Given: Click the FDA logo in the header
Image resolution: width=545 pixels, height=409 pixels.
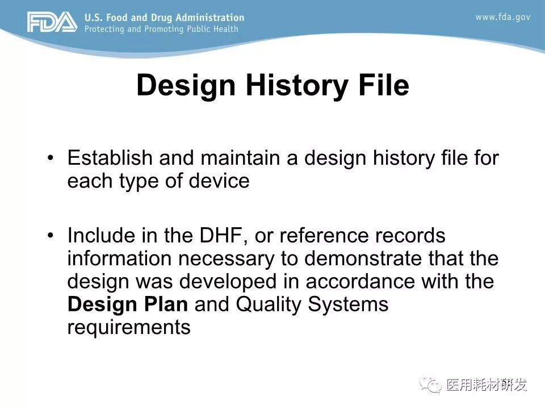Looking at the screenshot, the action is click(x=52, y=22).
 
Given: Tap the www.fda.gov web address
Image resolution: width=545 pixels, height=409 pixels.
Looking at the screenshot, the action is click(x=502, y=17).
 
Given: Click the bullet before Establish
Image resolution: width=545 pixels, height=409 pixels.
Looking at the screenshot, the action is click(x=51, y=158).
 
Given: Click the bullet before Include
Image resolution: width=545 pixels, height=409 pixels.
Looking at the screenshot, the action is click(x=51, y=235).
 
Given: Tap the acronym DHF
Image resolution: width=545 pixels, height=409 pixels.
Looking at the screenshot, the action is click(x=221, y=235).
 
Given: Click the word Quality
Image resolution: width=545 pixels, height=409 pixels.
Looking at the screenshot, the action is click(x=268, y=305).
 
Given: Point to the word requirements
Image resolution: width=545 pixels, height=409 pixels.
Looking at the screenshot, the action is click(x=129, y=328).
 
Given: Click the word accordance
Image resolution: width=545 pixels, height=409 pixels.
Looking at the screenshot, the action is click(x=360, y=281).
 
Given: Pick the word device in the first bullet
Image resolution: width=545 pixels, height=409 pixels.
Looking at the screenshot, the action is click(x=219, y=181).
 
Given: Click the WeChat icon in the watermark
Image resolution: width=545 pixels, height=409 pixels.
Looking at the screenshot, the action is click(x=430, y=385).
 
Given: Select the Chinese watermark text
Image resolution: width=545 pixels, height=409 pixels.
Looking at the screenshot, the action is click(x=487, y=385).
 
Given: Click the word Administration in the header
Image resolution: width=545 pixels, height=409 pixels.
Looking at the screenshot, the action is click(x=209, y=18).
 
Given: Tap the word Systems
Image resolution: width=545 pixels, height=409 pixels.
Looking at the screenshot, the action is click(x=348, y=305).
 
